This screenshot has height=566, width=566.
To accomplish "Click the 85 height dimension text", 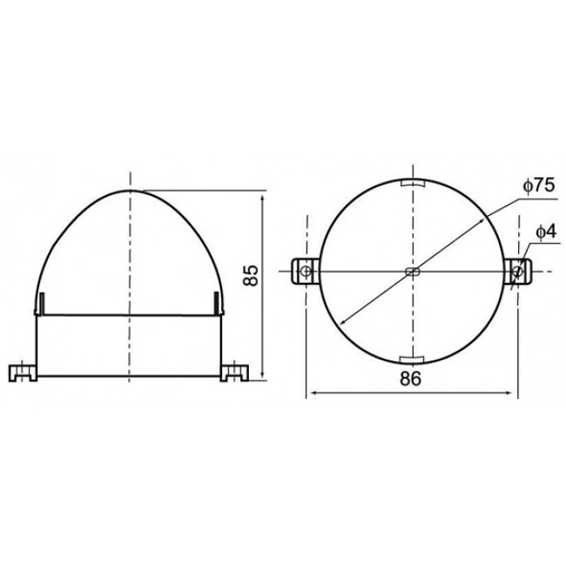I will [251, 276].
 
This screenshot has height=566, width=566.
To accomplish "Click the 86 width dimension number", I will [411, 379].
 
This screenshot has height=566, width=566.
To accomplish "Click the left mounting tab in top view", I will [303, 272].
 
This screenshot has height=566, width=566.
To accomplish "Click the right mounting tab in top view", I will [518, 272].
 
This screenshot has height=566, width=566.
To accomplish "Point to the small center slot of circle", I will [412, 273].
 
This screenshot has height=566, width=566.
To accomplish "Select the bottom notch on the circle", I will [411, 359].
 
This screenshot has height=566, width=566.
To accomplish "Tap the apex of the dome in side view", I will [129, 190].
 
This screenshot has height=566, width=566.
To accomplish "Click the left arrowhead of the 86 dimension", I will [311, 394].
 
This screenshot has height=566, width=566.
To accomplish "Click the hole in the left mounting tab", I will [306, 272].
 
